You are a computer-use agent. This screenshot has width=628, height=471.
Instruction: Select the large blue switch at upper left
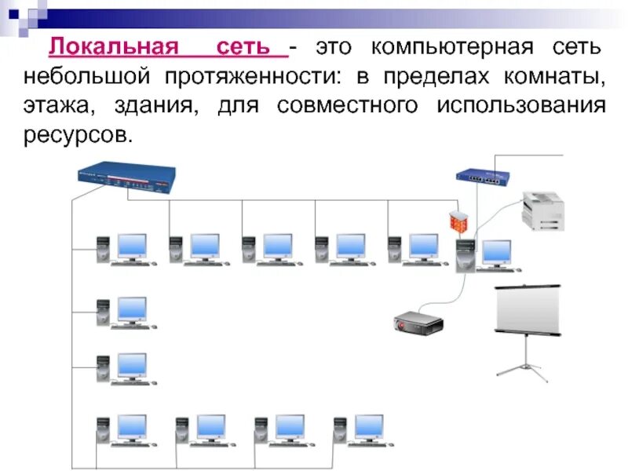(126, 177)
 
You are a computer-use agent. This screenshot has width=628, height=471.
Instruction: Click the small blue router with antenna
(480, 174)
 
